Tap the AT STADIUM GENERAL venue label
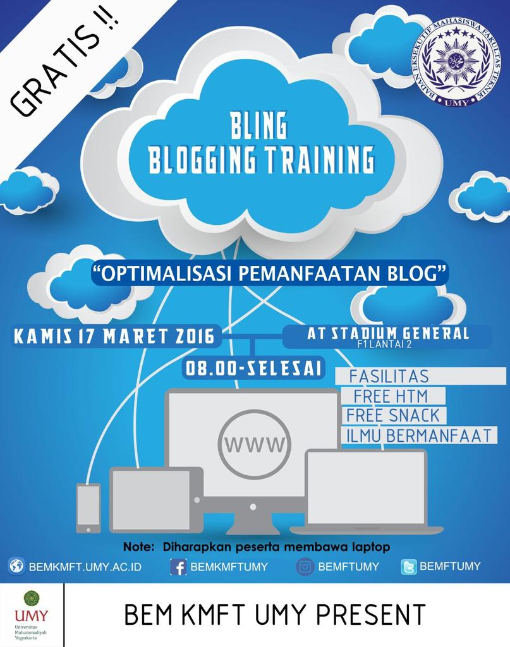(387, 334)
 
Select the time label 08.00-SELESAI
(252, 368)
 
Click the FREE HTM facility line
(391, 396)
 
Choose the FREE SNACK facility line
(392, 415)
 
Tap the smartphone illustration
(88, 507)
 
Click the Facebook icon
(178, 567)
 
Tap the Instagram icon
(305, 567)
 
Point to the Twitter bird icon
(409, 567)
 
